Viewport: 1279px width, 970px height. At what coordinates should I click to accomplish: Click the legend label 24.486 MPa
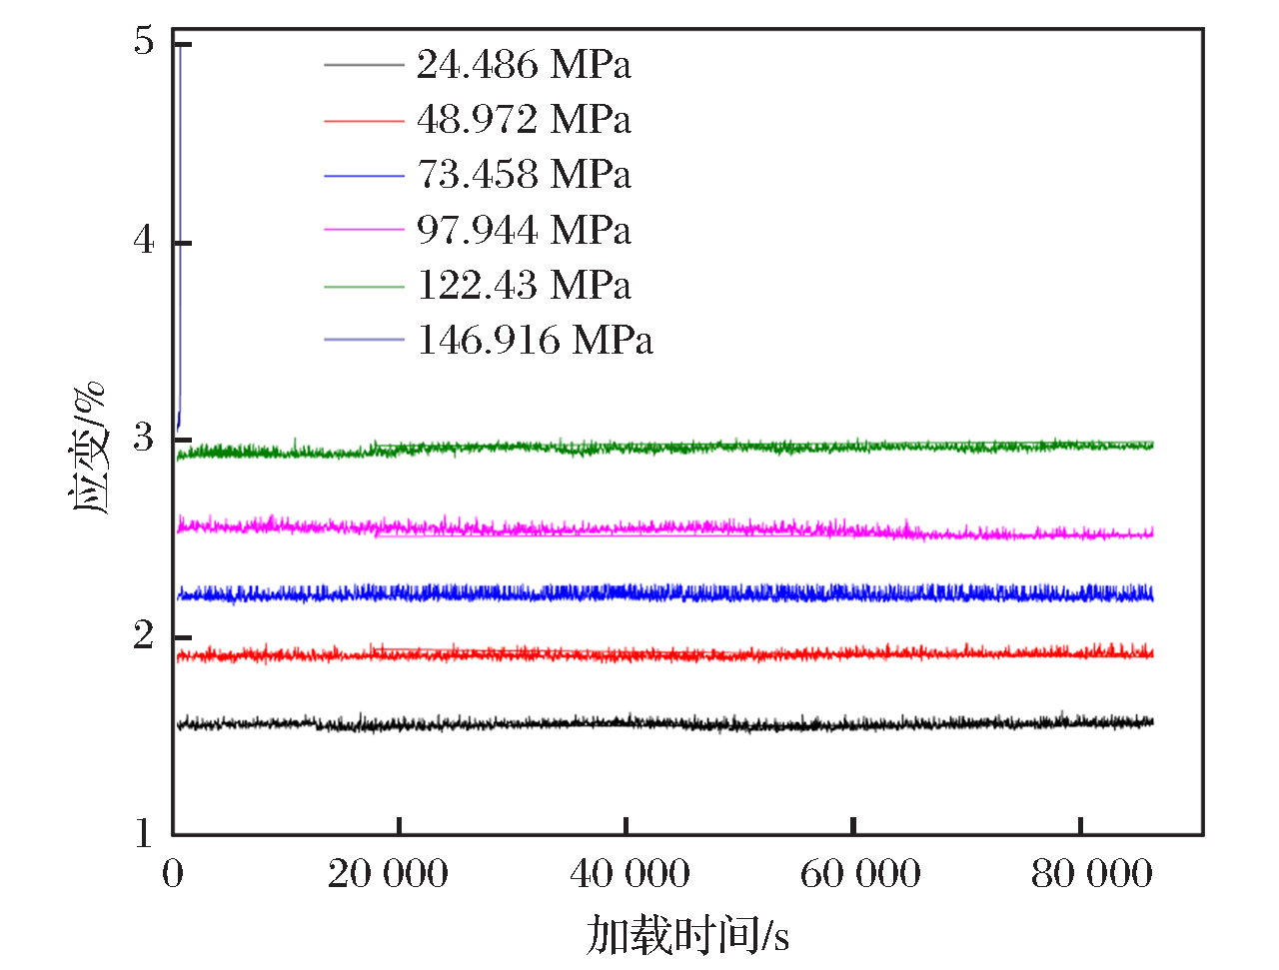(x=524, y=65)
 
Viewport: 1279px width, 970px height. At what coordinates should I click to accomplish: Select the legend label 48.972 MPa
(x=524, y=120)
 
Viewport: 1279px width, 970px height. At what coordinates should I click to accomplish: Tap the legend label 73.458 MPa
(x=524, y=175)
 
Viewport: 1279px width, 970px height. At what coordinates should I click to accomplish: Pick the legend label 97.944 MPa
(x=524, y=231)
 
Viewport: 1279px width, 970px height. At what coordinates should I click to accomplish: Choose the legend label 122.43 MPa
(x=524, y=286)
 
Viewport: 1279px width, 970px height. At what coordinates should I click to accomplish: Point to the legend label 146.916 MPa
(x=535, y=341)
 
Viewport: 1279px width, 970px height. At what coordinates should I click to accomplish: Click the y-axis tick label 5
(x=145, y=42)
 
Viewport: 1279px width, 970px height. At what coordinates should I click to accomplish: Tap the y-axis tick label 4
(x=145, y=241)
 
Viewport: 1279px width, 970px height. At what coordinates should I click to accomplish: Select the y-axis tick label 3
(x=145, y=438)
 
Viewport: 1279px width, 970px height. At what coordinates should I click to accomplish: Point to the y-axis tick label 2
(x=145, y=635)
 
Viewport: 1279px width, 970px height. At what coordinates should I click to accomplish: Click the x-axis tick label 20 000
(x=388, y=874)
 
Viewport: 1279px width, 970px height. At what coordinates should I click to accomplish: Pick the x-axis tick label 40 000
(x=630, y=874)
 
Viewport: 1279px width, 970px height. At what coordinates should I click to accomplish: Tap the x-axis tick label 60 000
(x=860, y=874)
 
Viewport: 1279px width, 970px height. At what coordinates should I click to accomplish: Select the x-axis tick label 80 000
(x=1091, y=874)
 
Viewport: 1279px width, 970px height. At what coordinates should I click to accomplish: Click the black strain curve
(x=699, y=723)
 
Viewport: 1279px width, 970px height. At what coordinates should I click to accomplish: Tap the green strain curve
(x=699, y=448)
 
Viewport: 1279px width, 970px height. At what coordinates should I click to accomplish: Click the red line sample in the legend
(x=364, y=121)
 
